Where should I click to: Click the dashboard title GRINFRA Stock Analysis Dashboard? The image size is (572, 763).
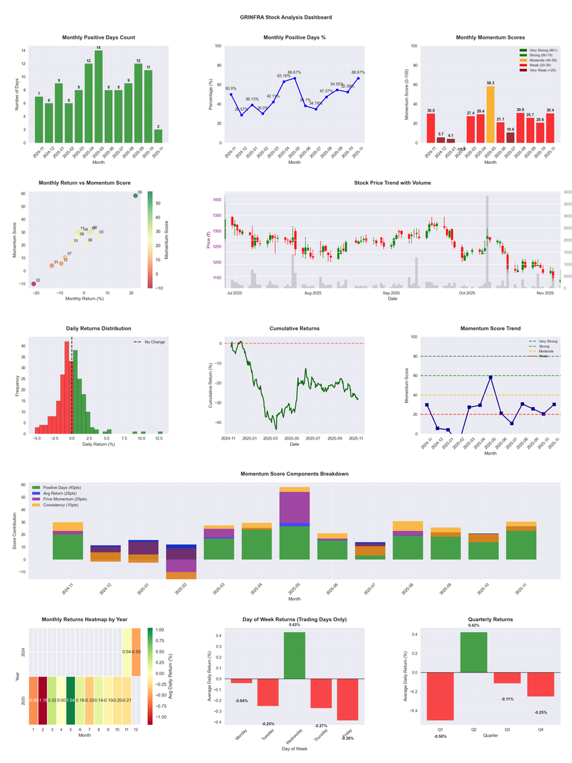click(286, 17)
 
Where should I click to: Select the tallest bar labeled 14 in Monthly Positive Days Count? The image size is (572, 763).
click(99, 97)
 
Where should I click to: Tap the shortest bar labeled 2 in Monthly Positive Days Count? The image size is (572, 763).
click(158, 136)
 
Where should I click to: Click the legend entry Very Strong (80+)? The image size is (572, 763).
click(541, 51)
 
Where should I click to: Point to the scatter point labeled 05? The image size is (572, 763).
click(135, 195)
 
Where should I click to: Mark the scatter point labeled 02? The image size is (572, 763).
click(34, 284)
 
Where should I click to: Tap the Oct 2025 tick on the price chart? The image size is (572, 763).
click(467, 293)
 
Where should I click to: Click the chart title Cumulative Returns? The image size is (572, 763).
click(295, 329)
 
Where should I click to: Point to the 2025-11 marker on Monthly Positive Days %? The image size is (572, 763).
click(358, 79)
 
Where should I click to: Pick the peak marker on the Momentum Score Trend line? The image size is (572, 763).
click(490, 377)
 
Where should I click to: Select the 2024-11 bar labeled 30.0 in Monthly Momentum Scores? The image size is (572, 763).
click(430, 128)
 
